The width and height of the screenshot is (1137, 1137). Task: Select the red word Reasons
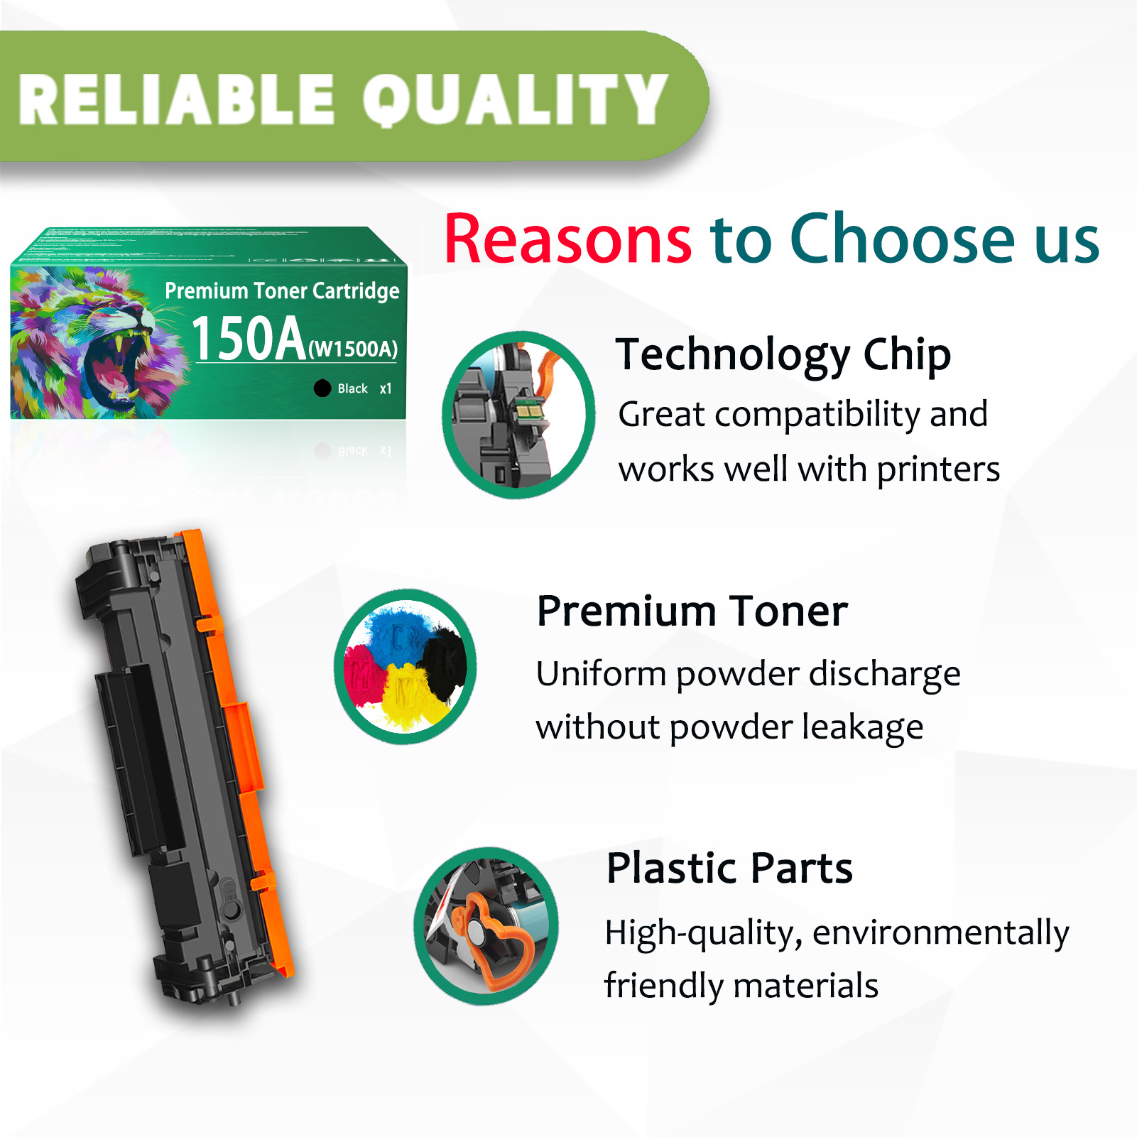pyautogui.click(x=567, y=239)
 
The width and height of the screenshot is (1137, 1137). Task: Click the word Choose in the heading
pyautogui.click(x=903, y=239)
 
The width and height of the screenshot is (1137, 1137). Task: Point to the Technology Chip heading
pyautogui.click(x=783, y=355)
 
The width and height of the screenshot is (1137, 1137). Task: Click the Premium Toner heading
pyautogui.click(x=692, y=611)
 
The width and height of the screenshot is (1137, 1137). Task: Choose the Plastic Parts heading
pyautogui.click(x=729, y=868)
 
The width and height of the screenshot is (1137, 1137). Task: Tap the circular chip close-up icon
pyautogui.click(x=518, y=415)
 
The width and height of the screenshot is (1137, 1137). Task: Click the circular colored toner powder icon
pyautogui.click(x=405, y=666)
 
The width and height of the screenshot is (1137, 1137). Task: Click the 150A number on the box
pyautogui.click(x=249, y=339)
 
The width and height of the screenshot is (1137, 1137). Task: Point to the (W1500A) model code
pyautogui.click(x=353, y=349)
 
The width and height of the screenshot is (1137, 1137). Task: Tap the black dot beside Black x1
pyautogui.click(x=322, y=388)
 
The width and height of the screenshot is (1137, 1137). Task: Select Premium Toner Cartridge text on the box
pyautogui.click(x=282, y=290)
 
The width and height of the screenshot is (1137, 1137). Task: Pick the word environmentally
pyautogui.click(x=940, y=933)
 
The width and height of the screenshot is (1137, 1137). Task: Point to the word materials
pyautogui.click(x=805, y=986)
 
